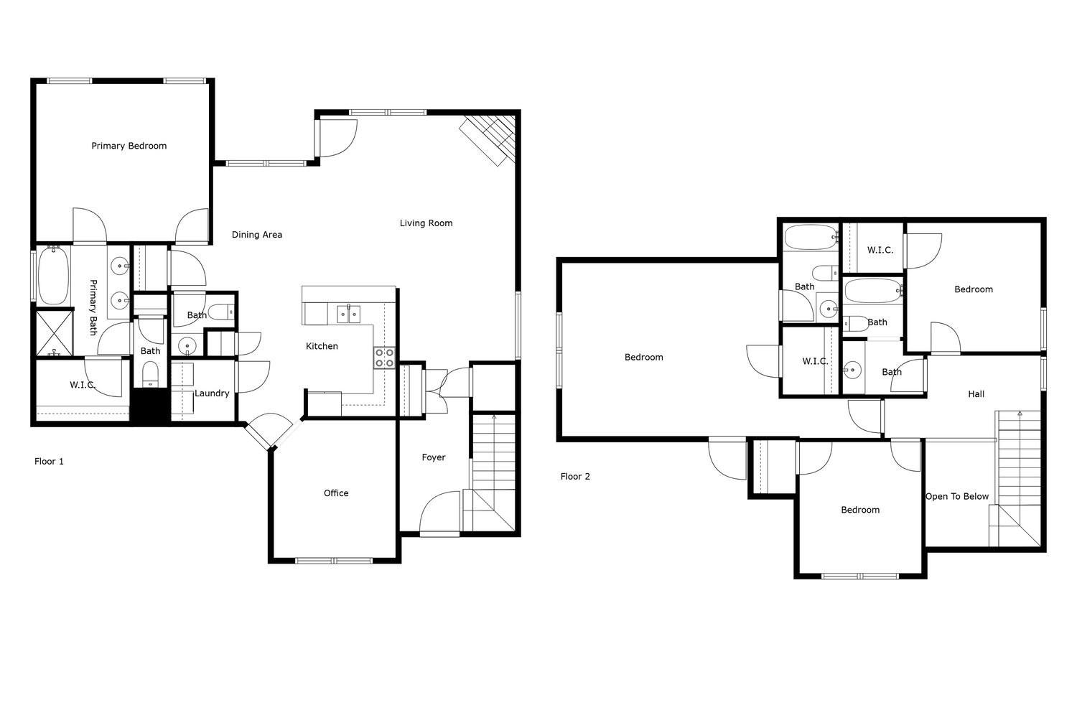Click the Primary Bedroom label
129,146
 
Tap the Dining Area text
257,235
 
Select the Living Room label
426,223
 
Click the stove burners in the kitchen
385,358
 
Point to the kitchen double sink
348,314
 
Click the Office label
336,493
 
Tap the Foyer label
434,457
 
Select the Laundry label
212,393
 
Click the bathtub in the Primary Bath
53,276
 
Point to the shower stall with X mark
55,332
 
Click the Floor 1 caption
49,462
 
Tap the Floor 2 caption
575,477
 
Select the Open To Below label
957,497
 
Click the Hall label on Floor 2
976,394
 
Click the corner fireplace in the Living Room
488,140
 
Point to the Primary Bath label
93,307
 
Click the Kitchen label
322,346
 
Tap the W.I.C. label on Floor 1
83,385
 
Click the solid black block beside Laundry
150,406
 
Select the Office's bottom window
334,560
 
